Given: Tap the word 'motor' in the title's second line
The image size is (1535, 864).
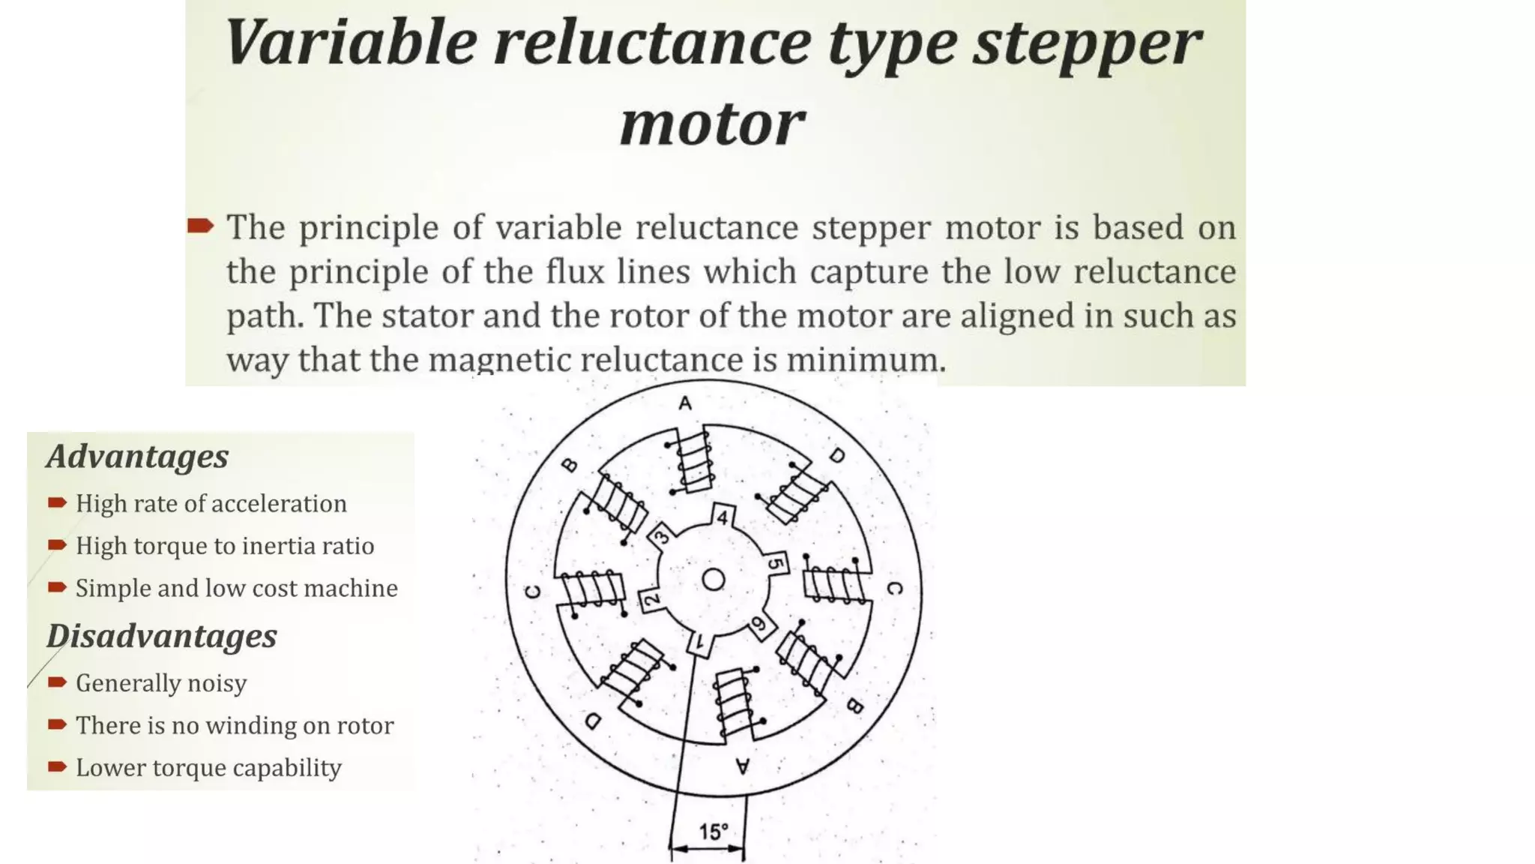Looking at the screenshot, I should click(x=712, y=124).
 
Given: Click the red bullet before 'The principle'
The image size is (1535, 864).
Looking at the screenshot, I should click(x=201, y=226).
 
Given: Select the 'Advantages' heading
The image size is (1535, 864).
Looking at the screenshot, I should click(x=137, y=456).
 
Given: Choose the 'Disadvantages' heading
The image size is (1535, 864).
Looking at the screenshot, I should click(x=161, y=636).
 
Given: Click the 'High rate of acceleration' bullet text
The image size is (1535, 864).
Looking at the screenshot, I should click(x=211, y=503).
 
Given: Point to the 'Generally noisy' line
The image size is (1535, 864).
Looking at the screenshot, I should click(x=160, y=683).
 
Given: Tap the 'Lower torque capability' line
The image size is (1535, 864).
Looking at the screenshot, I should click(x=208, y=768).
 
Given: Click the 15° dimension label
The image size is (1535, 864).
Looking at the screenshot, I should click(x=713, y=832).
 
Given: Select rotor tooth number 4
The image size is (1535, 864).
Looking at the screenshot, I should click(x=723, y=517).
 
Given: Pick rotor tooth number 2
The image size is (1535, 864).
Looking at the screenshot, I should click(x=651, y=599).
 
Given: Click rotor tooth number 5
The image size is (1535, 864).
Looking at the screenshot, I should click(x=776, y=563).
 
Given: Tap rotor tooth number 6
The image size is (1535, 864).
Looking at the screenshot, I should click(x=759, y=624).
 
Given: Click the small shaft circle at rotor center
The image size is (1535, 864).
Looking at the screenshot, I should click(x=713, y=580).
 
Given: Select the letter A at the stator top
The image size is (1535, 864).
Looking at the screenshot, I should click(x=685, y=403).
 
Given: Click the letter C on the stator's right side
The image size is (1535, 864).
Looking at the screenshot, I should click(x=894, y=589).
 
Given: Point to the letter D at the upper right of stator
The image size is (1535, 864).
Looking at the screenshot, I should click(x=837, y=455).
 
